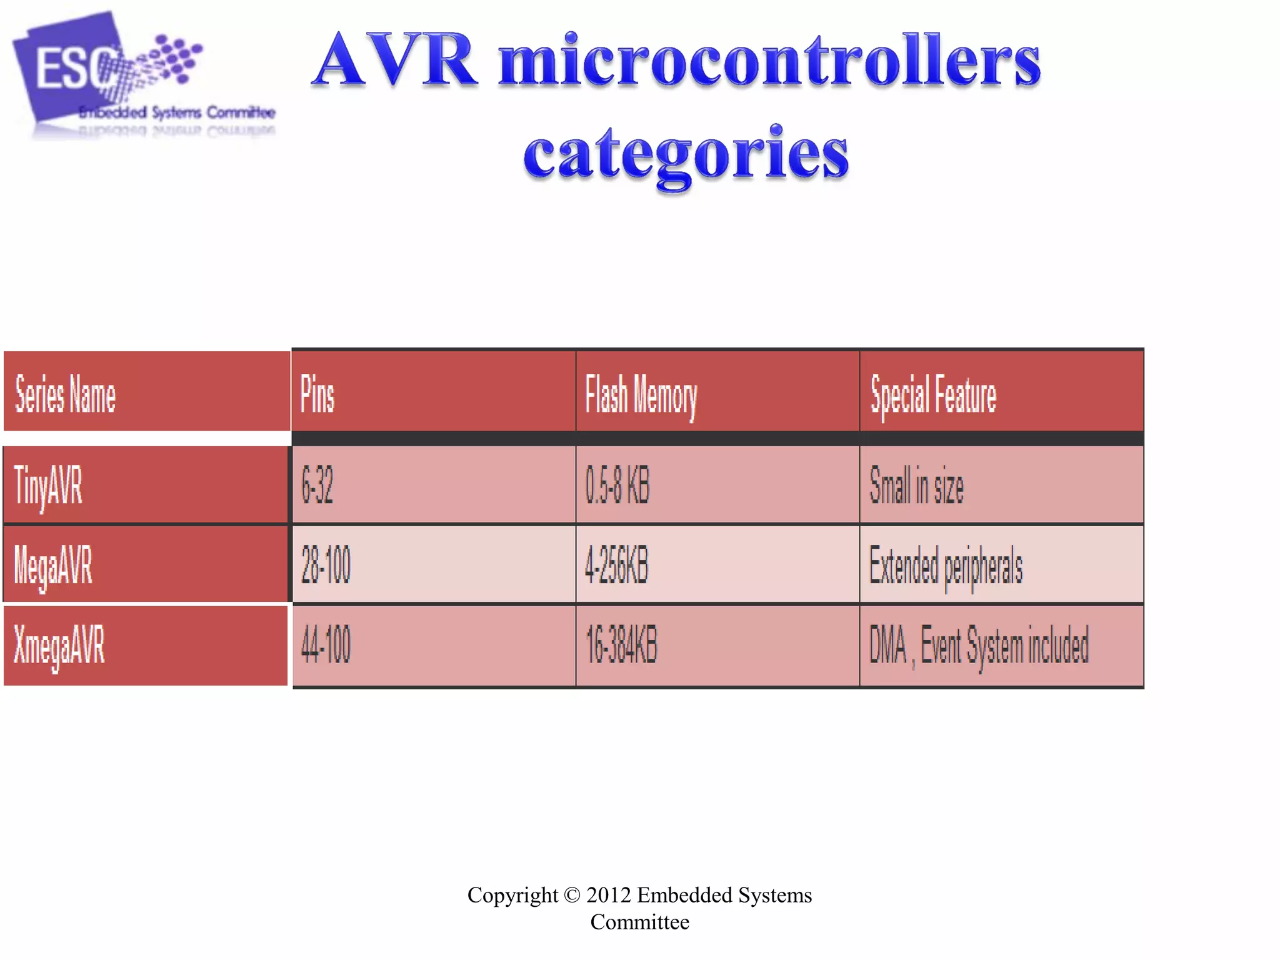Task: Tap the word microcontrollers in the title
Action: click(769, 61)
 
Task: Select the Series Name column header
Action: click(66, 394)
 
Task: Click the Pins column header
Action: click(317, 394)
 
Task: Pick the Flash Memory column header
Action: click(641, 395)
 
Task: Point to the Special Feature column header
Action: click(933, 395)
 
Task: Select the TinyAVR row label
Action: click(48, 486)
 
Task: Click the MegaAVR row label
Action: click(53, 565)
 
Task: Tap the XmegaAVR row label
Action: click(59, 645)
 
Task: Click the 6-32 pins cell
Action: click(317, 486)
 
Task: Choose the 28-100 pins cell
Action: click(326, 565)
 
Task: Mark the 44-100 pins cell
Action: click(326, 645)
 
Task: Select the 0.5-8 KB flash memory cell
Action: click(617, 486)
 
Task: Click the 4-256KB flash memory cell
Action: click(617, 565)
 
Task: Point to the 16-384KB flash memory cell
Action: click(622, 645)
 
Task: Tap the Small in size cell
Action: click(917, 486)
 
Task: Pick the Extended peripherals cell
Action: click(946, 566)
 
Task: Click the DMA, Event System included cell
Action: click(979, 645)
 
